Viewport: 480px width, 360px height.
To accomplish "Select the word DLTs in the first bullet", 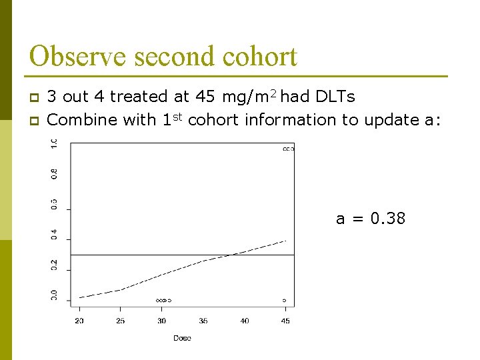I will (x=333, y=97).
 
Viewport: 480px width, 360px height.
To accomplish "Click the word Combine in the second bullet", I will (x=79, y=120).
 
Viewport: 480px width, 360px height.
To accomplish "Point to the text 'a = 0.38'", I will (x=370, y=219).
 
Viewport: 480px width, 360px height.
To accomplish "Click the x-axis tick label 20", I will (x=80, y=321).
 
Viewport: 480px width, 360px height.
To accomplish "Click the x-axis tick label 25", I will (x=121, y=321).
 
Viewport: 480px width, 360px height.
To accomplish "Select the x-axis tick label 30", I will (x=162, y=321).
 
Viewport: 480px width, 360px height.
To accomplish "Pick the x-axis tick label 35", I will (x=203, y=321).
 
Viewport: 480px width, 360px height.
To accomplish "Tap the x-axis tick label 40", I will (x=245, y=321).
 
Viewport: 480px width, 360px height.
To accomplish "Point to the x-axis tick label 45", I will (x=285, y=321).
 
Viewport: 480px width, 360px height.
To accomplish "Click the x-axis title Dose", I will (x=182, y=338).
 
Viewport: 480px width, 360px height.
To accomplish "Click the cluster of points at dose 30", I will (x=163, y=301).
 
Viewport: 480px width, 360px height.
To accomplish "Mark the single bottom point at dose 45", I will (x=285, y=301).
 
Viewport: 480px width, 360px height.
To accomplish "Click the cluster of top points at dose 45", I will (x=288, y=149).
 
